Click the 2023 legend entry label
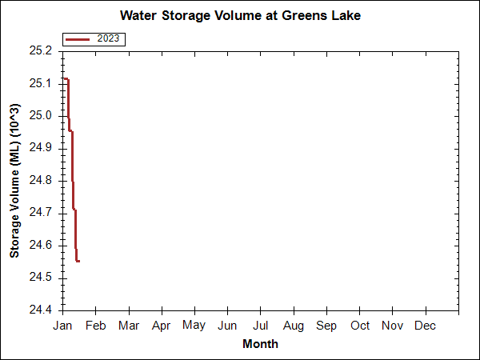coord(110,38)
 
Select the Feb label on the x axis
coord(96,326)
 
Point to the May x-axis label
coord(194,326)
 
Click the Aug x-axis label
coord(293,326)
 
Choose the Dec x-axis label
coord(426,326)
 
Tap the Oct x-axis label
coord(360,326)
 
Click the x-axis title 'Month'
coord(260,344)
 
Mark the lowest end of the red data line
coord(78,261)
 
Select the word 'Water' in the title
coord(137,16)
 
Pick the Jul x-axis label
coord(261,326)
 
